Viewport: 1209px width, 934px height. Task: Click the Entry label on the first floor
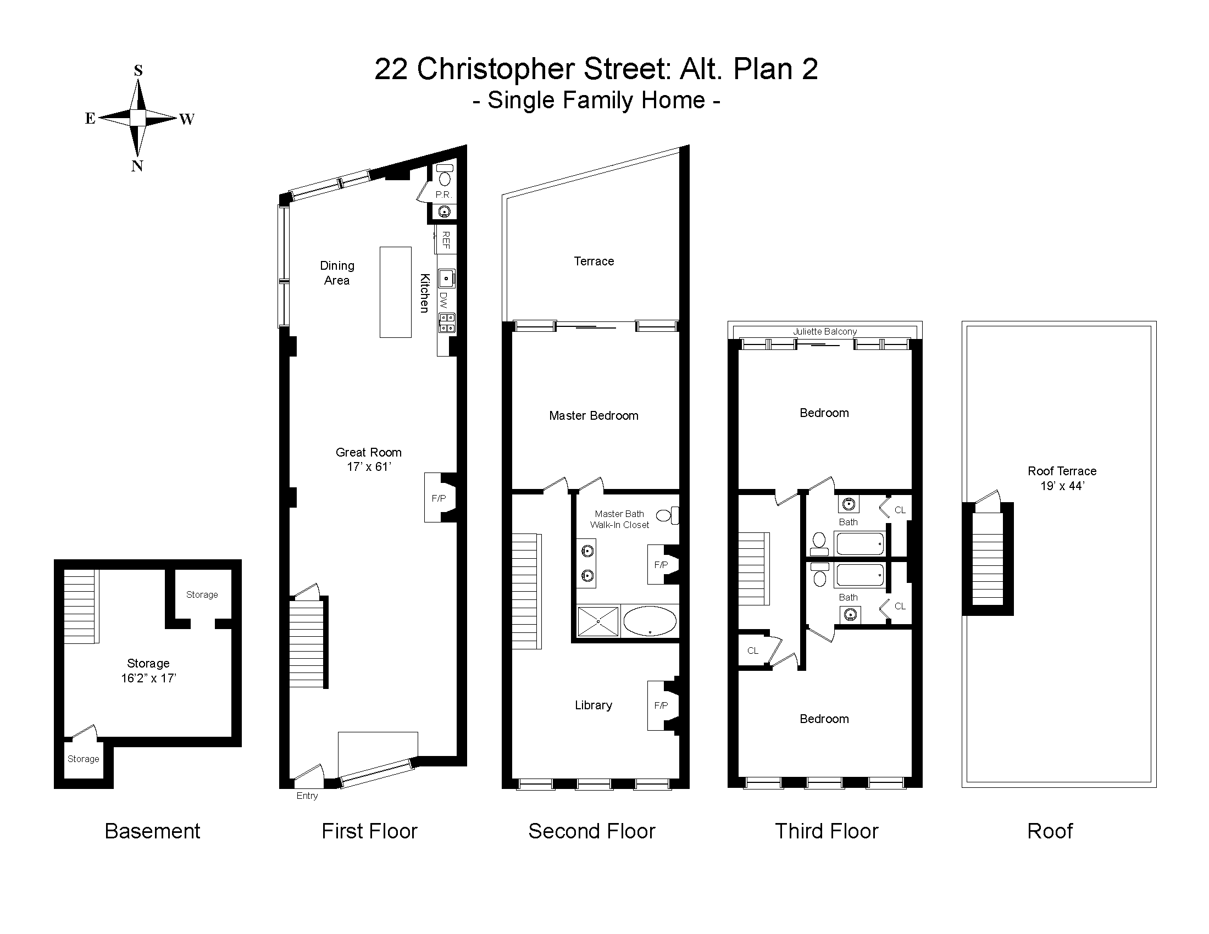point(307,796)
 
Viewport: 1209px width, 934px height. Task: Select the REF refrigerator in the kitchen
point(446,240)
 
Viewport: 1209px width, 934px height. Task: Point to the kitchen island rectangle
point(395,292)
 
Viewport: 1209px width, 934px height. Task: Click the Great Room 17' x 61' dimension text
point(369,467)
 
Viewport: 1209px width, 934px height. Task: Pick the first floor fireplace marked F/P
point(440,497)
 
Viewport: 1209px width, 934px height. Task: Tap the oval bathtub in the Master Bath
point(650,621)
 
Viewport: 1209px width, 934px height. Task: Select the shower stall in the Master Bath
point(598,621)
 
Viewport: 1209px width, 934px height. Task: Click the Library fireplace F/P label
point(661,705)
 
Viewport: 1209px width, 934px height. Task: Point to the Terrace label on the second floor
point(594,261)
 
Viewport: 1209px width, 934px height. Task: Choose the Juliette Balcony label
point(825,331)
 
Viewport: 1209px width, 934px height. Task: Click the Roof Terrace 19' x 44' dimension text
point(1062,486)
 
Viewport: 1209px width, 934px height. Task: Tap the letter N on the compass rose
point(137,166)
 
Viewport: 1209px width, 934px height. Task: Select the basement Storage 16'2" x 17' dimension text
point(149,679)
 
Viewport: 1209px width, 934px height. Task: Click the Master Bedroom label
point(594,415)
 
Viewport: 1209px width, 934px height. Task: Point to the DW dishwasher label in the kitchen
point(443,300)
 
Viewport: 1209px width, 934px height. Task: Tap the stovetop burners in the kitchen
point(447,323)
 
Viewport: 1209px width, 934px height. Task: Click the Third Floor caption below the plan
point(827,831)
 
